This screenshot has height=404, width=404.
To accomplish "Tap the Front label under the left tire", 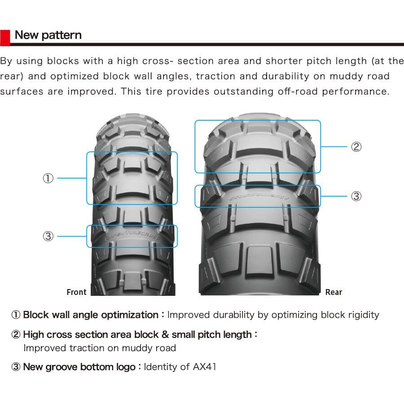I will click(x=76, y=292).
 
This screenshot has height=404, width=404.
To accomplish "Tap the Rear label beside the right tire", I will click(x=334, y=292).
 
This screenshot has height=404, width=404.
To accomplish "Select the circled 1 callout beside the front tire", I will click(x=48, y=178).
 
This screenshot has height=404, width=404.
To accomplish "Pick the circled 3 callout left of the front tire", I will click(x=48, y=236).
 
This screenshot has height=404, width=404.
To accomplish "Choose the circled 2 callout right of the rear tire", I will click(x=356, y=147).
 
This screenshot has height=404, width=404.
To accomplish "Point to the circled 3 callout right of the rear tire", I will click(x=356, y=196).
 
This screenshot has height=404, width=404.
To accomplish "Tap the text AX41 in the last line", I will click(x=204, y=367).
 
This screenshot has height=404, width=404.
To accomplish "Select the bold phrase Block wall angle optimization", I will click(x=90, y=315).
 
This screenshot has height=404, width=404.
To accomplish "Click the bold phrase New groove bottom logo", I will click(x=79, y=367).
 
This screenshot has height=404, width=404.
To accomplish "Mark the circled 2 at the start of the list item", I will click(x=16, y=334).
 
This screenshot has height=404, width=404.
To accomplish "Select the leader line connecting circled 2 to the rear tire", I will click(x=334, y=147).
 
